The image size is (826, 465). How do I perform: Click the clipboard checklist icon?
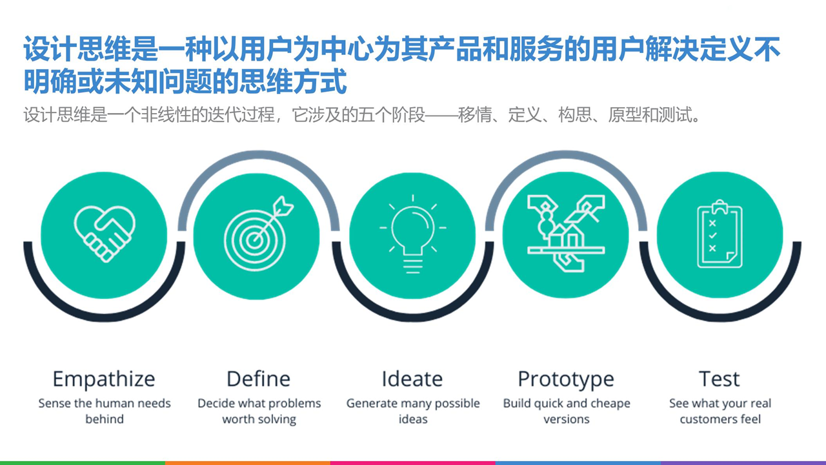coord(720,236)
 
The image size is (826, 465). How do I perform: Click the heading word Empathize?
coord(104,378)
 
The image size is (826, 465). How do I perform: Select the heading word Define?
coord(258,378)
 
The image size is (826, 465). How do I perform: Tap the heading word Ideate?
coord(412,378)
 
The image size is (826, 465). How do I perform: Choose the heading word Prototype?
coord(566,379)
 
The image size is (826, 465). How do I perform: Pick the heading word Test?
coord(720,378)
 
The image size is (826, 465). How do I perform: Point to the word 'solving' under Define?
coord(277,420)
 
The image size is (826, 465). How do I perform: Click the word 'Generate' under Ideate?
coord(372,404)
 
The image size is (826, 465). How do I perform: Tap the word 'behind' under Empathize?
coord(104,419)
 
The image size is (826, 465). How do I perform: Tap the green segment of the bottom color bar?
coord(83,462)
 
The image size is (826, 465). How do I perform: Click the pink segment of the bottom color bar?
coord(413,462)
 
